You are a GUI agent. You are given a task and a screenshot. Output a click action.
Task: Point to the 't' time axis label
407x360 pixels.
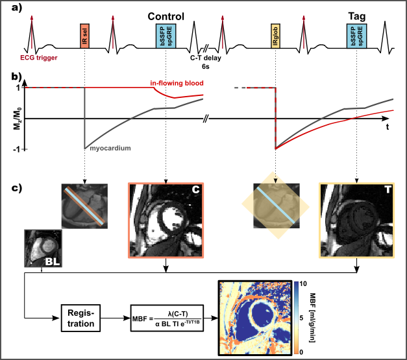[x=387, y=127]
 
